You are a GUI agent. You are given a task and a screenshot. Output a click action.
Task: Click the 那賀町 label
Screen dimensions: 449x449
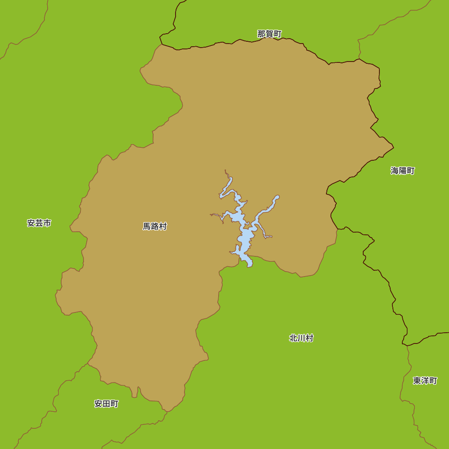(269, 34)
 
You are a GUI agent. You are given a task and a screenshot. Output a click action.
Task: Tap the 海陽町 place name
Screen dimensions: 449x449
(403, 171)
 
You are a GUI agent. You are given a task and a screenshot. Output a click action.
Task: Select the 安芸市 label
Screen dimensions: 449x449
(39, 223)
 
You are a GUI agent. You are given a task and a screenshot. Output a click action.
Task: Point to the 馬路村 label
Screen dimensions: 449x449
(155, 227)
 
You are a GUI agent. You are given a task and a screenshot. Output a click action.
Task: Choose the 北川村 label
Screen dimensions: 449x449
(301, 339)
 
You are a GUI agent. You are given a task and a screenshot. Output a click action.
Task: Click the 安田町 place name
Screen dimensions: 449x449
(106, 404)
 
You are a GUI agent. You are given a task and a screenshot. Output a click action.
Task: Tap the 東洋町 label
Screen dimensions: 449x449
(425, 381)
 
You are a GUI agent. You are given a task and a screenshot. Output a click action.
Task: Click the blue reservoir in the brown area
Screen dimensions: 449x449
(246, 236)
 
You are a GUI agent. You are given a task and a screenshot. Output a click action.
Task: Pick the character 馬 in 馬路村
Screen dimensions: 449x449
(147, 227)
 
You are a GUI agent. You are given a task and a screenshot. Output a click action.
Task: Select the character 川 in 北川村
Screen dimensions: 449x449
(301, 339)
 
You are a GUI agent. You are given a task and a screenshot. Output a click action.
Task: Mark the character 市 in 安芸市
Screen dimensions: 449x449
(47, 223)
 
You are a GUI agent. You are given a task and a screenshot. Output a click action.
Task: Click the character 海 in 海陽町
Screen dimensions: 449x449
(395, 171)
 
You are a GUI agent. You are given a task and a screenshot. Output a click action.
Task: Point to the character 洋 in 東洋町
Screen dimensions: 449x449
(425, 381)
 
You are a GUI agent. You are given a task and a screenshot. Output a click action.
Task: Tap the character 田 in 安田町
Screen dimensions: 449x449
(106, 404)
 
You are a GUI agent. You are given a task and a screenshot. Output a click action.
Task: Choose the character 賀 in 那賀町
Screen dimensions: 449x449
(269, 34)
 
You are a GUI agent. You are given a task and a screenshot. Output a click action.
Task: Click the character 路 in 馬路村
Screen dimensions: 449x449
(155, 227)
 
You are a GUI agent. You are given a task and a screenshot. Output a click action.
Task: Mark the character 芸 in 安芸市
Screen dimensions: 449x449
(39, 223)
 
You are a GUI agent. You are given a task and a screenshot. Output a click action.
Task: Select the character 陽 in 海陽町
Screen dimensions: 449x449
(403, 171)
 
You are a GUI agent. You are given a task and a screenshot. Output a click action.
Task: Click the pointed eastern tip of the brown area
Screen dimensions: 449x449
(393, 147)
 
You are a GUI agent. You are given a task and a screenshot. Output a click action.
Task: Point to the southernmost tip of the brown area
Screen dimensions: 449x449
(167, 411)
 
